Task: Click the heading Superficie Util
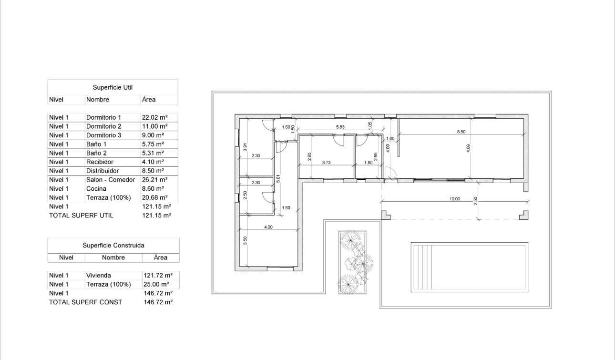pyautogui.click(x=113, y=87)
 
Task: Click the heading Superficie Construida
pyautogui.click(x=113, y=245)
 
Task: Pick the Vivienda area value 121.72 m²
pyautogui.click(x=158, y=276)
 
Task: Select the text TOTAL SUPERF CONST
pyautogui.click(x=85, y=302)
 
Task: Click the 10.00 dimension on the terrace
pyautogui.click(x=454, y=199)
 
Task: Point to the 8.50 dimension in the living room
pyautogui.click(x=461, y=131)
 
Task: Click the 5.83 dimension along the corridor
pyautogui.click(x=340, y=127)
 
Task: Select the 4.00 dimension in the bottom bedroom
pyautogui.click(x=268, y=227)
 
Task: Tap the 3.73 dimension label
pyautogui.click(x=326, y=163)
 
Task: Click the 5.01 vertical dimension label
pyautogui.click(x=278, y=179)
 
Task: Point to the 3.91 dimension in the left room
pyautogui.click(x=245, y=147)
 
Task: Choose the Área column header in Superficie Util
pyautogui.click(x=149, y=100)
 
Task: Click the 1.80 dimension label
pyautogui.click(x=369, y=163)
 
